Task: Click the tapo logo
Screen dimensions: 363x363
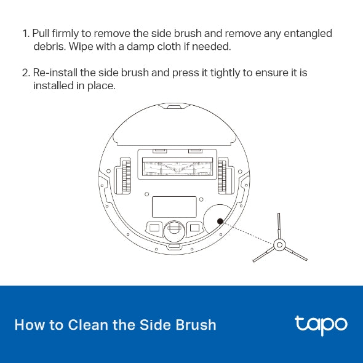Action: (321, 324)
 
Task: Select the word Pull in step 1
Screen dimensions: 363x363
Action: (42, 33)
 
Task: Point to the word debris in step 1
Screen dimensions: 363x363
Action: (48, 46)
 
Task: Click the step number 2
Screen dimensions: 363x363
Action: (25, 73)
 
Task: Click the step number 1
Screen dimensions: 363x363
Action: (25, 33)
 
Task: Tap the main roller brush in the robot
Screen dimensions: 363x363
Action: (175, 166)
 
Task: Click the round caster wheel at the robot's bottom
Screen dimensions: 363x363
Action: (174, 229)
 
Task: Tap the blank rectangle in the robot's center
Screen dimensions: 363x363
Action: (174, 206)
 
